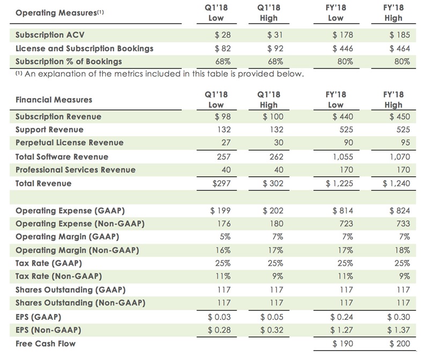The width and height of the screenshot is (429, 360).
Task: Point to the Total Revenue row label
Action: point(42,183)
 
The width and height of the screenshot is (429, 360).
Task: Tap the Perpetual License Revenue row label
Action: point(70,142)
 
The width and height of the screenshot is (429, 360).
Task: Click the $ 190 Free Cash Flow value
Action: point(341,343)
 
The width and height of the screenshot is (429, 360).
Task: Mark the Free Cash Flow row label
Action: point(45,343)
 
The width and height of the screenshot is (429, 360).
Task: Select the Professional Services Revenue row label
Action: point(75,170)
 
